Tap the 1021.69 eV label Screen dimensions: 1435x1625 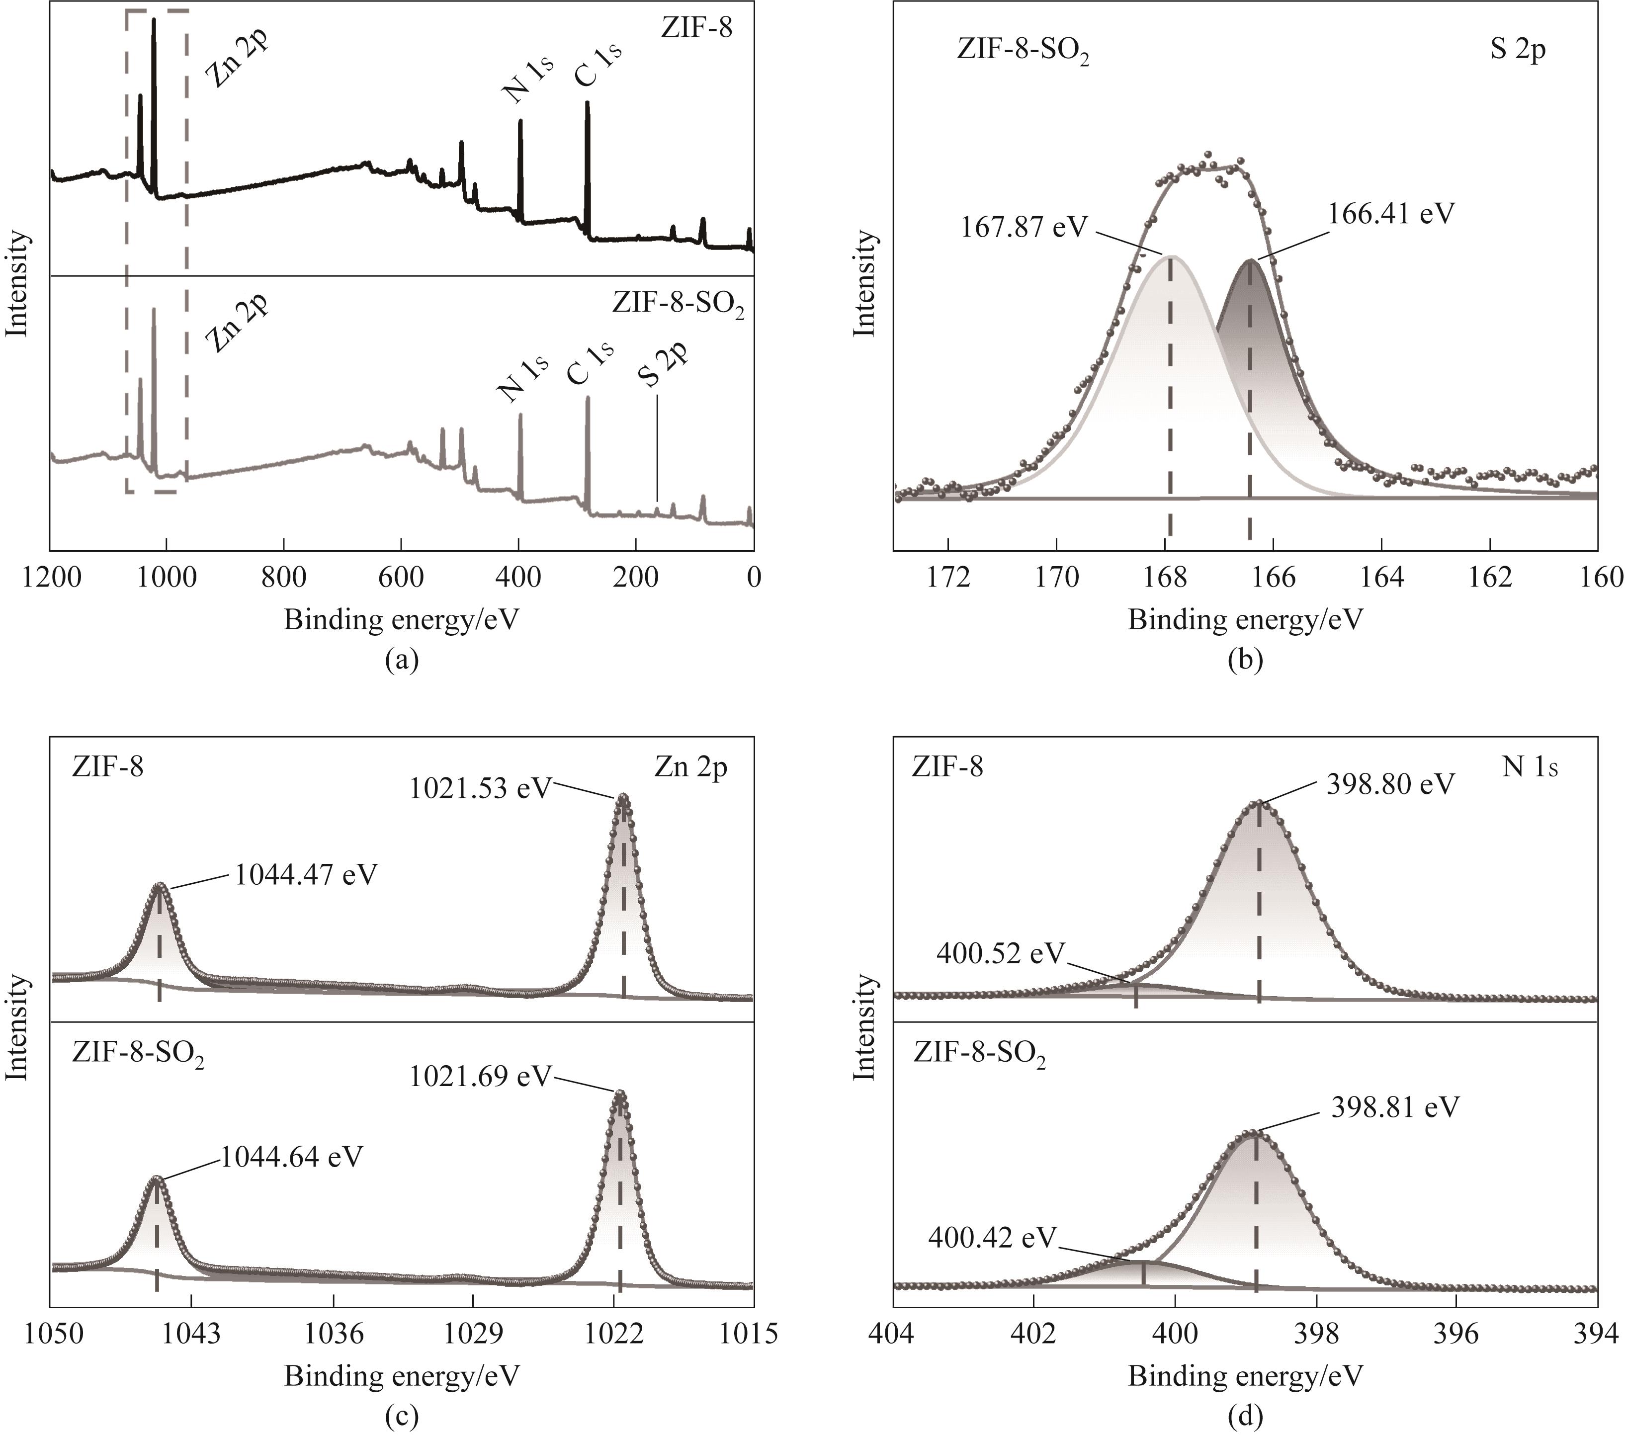click(480, 1077)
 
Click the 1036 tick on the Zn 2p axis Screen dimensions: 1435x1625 click(334, 1333)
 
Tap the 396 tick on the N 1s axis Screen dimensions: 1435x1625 click(1456, 1333)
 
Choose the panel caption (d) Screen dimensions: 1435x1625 click(1245, 1416)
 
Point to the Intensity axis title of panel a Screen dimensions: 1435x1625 click(17, 284)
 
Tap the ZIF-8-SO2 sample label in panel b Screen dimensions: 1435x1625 click(1023, 50)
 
